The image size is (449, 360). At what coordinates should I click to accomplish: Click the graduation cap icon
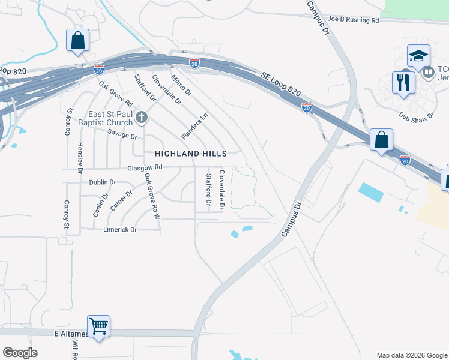coord(418,56)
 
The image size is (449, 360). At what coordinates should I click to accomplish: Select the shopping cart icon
coord(98,326)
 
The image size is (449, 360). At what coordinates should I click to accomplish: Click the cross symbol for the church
coord(142,117)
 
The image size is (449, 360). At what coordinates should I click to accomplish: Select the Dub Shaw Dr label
coord(417,115)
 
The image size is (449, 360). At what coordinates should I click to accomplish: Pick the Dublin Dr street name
coord(102,182)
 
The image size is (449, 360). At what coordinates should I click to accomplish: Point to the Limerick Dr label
coord(120,230)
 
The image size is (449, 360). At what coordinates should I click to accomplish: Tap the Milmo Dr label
coord(181,85)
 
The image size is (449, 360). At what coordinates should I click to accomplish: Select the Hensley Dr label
coord(80,158)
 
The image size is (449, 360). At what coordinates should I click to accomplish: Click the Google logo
coord(20,353)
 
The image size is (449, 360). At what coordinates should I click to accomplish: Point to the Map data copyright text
coord(411,355)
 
